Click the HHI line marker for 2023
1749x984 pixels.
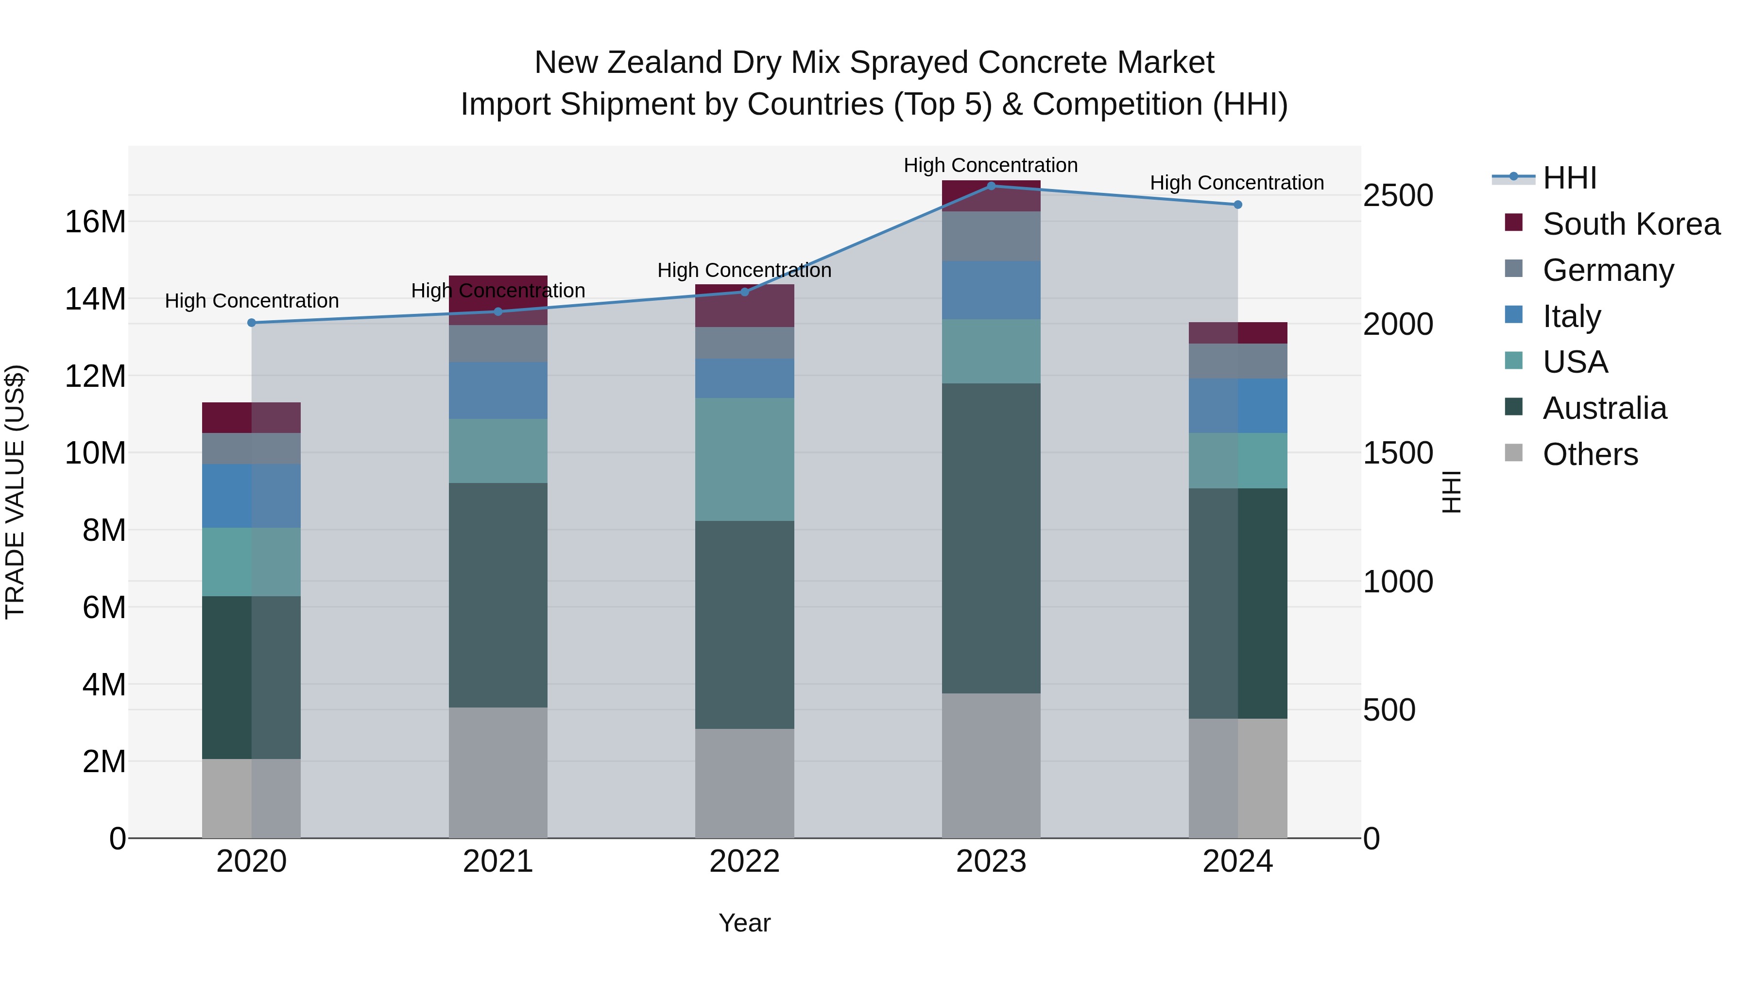pyautogui.click(x=991, y=186)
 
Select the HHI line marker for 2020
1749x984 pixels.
pyautogui.click(x=251, y=323)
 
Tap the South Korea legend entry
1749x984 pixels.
pyautogui.click(x=1631, y=224)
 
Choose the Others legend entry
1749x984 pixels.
pyautogui.click(x=1590, y=454)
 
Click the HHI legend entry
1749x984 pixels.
pyautogui.click(x=1569, y=178)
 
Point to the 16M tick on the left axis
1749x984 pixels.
pyautogui.click(x=95, y=222)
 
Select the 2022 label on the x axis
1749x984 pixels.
pyautogui.click(x=744, y=861)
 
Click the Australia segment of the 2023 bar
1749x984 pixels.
pyautogui.click(x=991, y=538)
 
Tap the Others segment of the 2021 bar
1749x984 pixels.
pyautogui.click(x=497, y=772)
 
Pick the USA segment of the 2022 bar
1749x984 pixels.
pyautogui.click(x=744, y=459)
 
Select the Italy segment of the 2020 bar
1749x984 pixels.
pyautogui.click(x=251, y=496)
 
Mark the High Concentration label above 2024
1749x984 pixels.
pyautogui.click(x=1236, y=183)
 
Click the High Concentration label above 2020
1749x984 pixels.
pyautogui.click(x=251, y=300)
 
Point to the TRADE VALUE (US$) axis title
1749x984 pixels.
pyautogui.click(x=15, y=492)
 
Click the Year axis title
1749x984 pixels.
pyautogui.click(x=744, y=923)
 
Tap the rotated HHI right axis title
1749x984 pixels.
pyautogui.click(x=1451, y=492)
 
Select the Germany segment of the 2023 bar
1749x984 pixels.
pyautogui.click(x=991, y=236)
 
